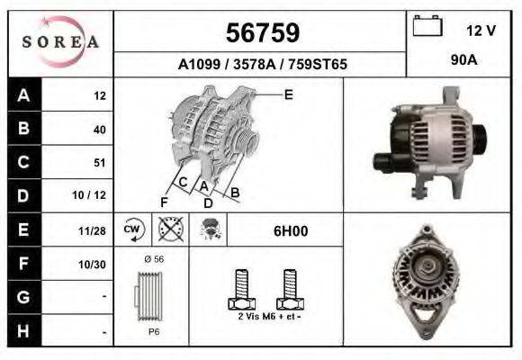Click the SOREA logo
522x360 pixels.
coord(60,42)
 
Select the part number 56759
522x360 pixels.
coord(261,33)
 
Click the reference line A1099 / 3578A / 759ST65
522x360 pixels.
coord(263,65)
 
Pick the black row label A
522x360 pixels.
coord(23,95)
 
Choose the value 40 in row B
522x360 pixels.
coord(99,130)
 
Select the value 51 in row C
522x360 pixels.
coord(99,163)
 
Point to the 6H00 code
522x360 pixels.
coord(290,230)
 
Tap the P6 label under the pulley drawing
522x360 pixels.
coord(154,331)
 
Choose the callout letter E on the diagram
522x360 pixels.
coord(288,94)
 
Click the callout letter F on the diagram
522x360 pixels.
coord(164,202)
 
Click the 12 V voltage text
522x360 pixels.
coord(481,30)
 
